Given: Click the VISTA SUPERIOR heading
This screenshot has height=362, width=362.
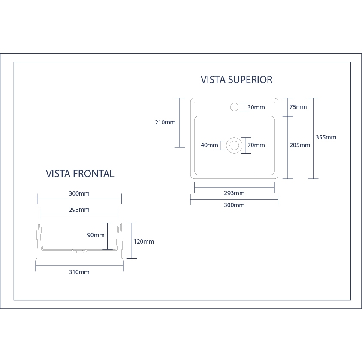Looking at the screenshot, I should pos(236,80).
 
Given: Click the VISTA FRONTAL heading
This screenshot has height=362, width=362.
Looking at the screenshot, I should pos(80,174).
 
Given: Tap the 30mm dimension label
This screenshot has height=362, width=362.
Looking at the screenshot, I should pos(256,107).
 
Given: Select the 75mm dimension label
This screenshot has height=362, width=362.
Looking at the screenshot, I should pos(298,107).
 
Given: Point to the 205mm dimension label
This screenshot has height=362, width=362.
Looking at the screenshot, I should pos(300,145).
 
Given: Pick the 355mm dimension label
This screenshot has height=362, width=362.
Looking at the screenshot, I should pos(326,137).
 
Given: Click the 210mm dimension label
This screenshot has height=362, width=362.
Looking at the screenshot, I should pos(165,122).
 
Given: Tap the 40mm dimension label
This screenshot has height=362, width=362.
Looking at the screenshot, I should pos(209,145).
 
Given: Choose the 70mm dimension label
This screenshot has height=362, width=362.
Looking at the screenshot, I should pos(256,145).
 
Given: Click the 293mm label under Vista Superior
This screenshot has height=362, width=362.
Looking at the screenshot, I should pos(234,193).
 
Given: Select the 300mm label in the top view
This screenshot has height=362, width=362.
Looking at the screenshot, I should pos(234,205).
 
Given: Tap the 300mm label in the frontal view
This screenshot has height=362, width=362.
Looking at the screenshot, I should pos(79,193).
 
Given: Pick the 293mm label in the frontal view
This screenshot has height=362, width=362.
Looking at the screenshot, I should pos(79,210).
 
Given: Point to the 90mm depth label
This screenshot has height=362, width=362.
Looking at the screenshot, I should pos(96,235).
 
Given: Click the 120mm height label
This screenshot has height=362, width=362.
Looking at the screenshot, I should pos(144,241).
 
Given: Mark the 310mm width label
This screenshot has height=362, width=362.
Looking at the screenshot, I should pos(79,272).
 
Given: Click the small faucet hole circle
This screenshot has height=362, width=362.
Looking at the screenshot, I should pos(234,107).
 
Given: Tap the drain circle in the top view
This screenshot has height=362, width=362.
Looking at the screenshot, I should pos(234,145).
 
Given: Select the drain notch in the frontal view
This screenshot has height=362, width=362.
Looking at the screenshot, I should pos(78,251).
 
